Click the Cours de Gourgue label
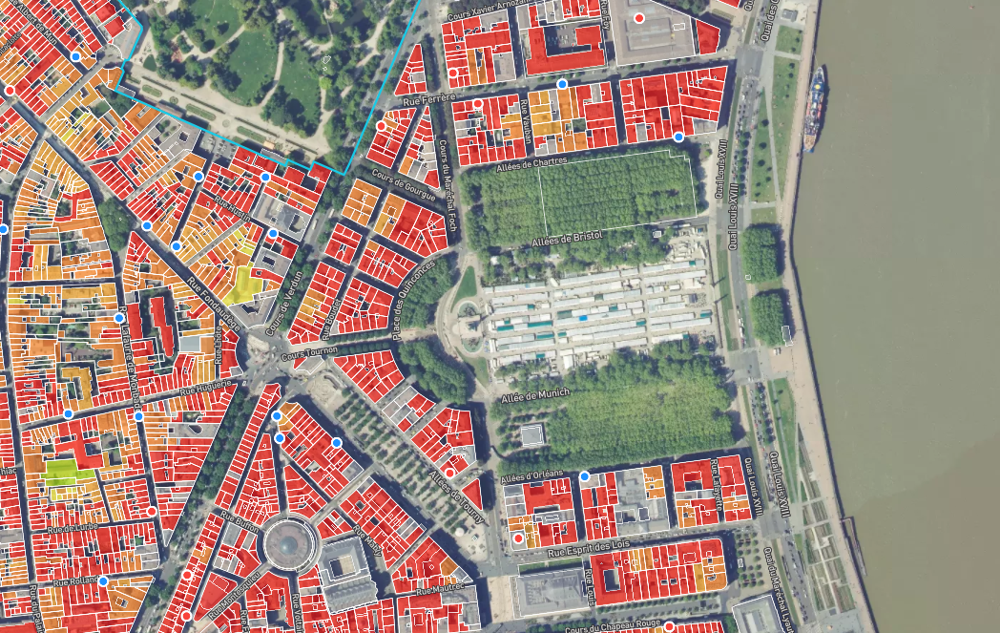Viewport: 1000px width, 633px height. click(x=397, y=182)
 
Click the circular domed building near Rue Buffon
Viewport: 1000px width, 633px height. click(x=287, y=543)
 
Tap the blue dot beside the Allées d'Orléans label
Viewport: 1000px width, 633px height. click(x=584, y=475)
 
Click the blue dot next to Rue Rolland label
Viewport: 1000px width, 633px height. click(x=103, y=580)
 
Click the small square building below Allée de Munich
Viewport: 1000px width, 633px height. click(x=531, y=435)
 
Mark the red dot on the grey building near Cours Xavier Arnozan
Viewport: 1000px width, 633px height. click(x=639, y=18)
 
